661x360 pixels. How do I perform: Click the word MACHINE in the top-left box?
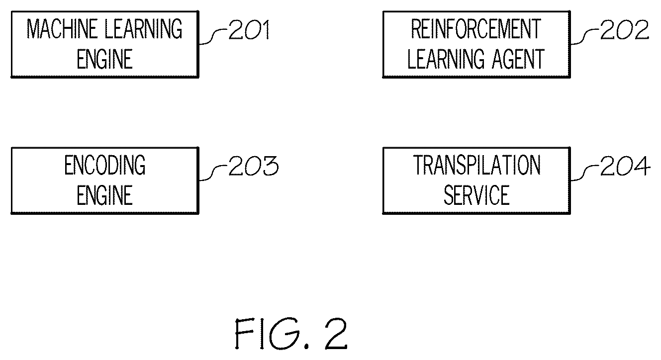(62, 29)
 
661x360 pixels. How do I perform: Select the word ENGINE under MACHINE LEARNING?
(104, 59)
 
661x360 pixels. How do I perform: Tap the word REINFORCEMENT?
(476, 29)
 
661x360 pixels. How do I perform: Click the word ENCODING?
(105, 165)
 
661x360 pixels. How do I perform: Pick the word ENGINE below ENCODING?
(104, 195)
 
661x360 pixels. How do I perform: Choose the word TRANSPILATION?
(477, 165)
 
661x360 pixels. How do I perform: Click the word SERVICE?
(476, 195)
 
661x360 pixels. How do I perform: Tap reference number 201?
(249, 29)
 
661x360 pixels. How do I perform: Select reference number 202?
(625, 29)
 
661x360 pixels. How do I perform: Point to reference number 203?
(254, 166)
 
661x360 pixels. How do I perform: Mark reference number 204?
(625, 166)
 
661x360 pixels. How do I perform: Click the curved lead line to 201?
(213, 37)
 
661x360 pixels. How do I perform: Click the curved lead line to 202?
(585, 37)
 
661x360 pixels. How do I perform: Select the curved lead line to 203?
(213, 173)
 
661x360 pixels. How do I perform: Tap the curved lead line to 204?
(585, 173)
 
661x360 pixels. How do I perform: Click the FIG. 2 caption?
(291, 334)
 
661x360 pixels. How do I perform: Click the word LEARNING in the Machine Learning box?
(144, 29)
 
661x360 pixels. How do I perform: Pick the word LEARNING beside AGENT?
(446, 59)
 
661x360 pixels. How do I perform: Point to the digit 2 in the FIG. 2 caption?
(336, 334)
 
